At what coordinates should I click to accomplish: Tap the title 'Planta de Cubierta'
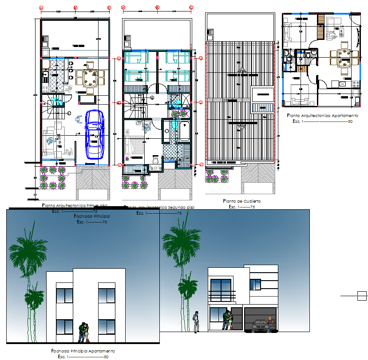(242, 201)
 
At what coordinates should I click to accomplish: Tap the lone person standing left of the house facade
(195, 321)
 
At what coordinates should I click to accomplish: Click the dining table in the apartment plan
(344, 57)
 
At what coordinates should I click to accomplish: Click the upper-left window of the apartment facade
(65, 296)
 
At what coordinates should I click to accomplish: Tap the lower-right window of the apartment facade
(107, 327)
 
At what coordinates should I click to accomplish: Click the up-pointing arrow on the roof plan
(241, 69)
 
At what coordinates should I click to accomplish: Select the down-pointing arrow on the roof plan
(241, 128)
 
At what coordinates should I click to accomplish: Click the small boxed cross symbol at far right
(362, 295)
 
